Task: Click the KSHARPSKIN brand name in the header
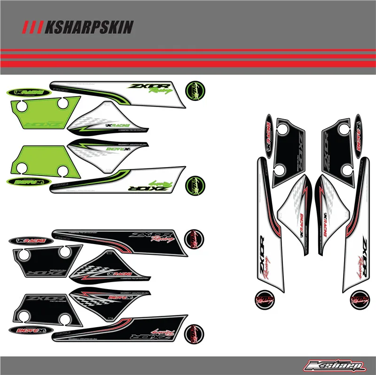click(89, 28)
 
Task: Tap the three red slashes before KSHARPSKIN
click(34, 28)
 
